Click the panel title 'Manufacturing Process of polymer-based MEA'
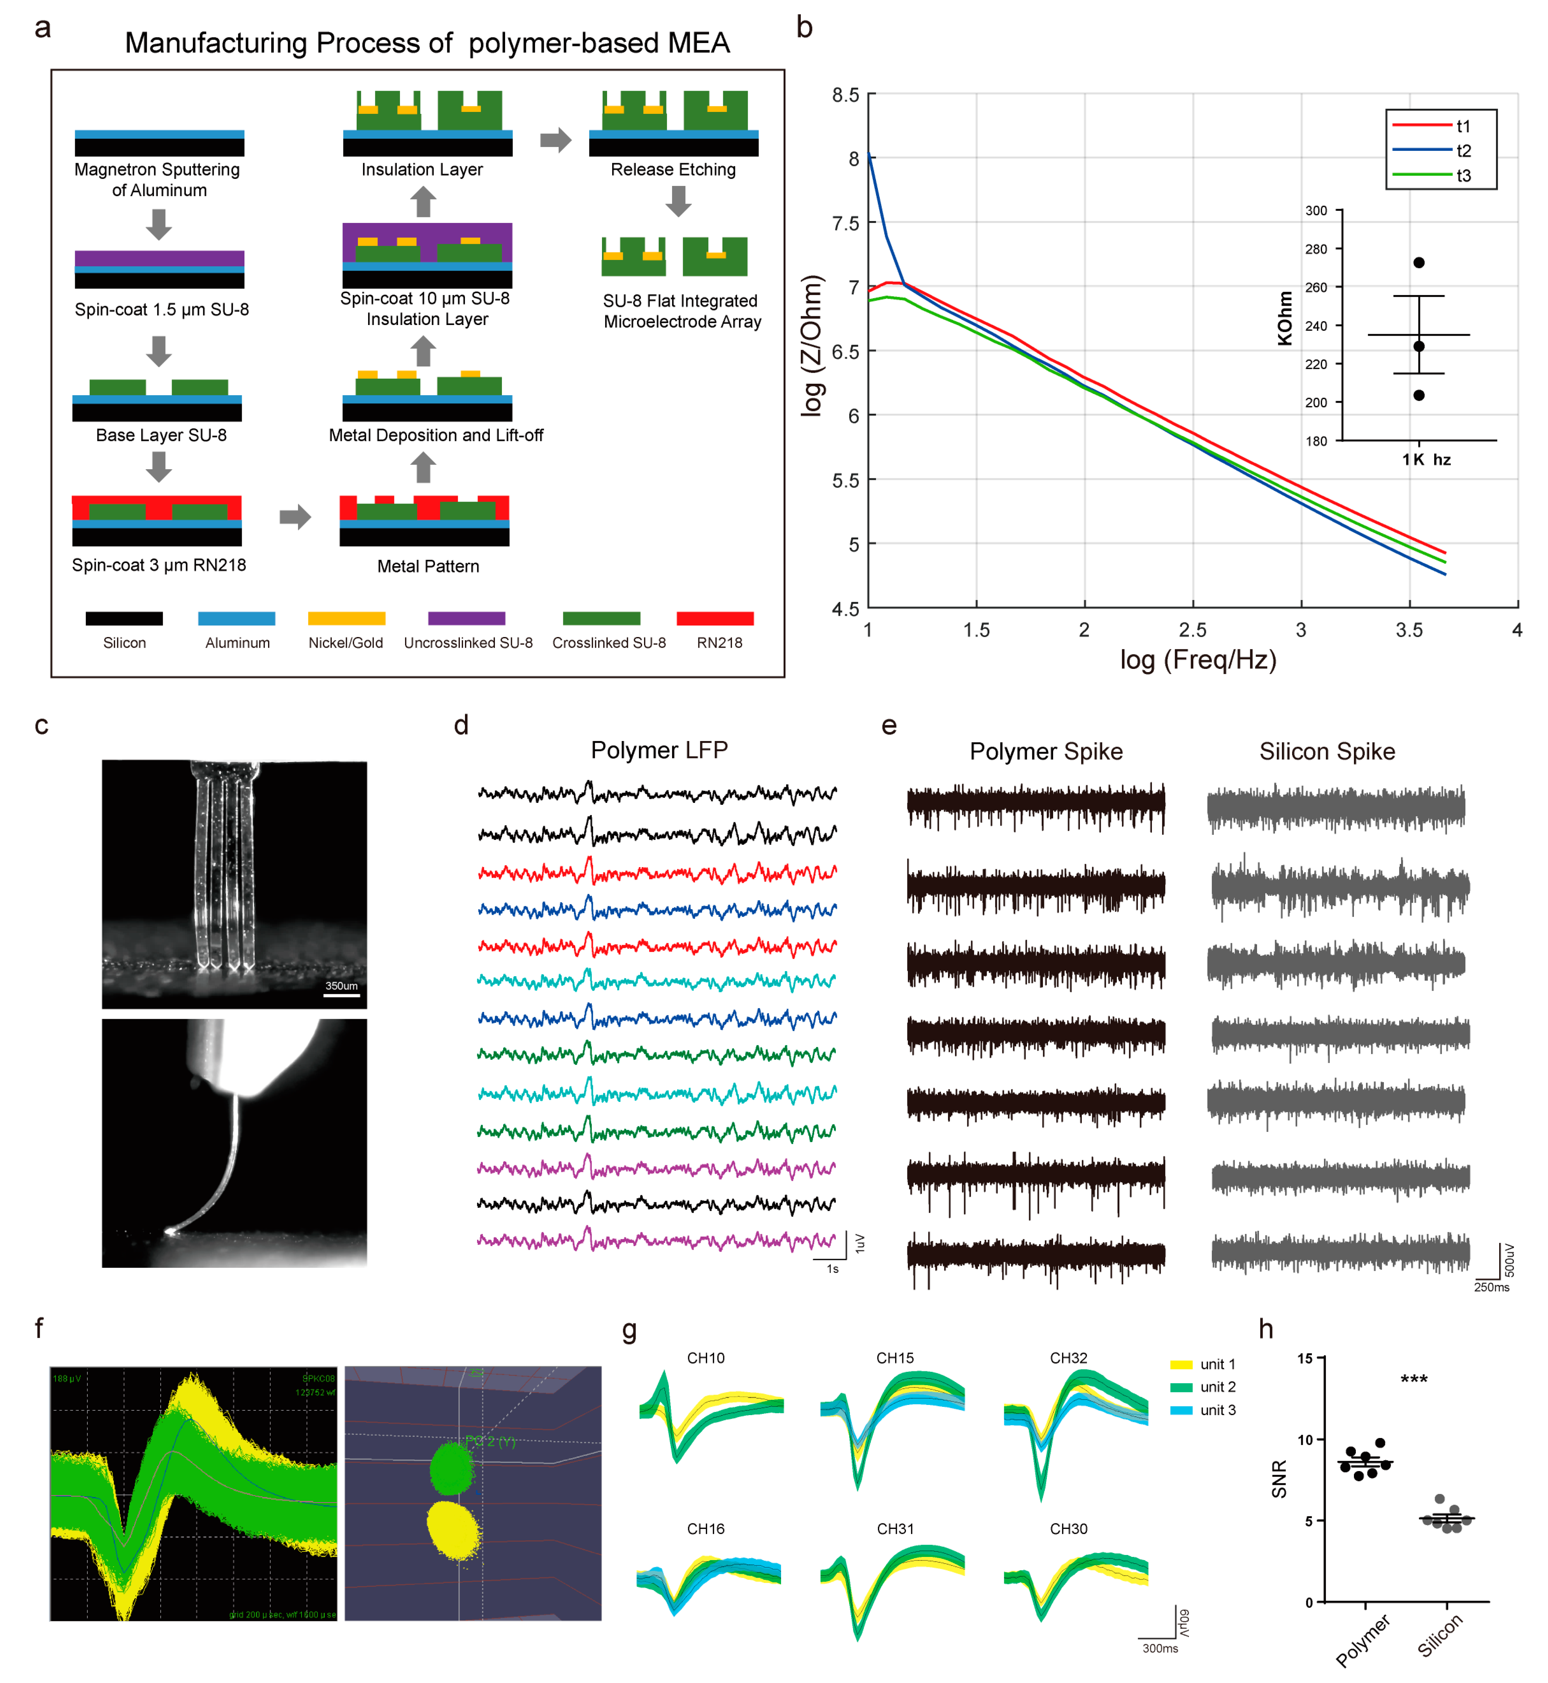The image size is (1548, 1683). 427,43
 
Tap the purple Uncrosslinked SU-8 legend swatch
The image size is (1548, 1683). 467,619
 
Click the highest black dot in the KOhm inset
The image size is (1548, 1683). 1419,262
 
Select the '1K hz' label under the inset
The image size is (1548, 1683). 1426,459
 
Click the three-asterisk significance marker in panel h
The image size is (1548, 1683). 1414,1379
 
